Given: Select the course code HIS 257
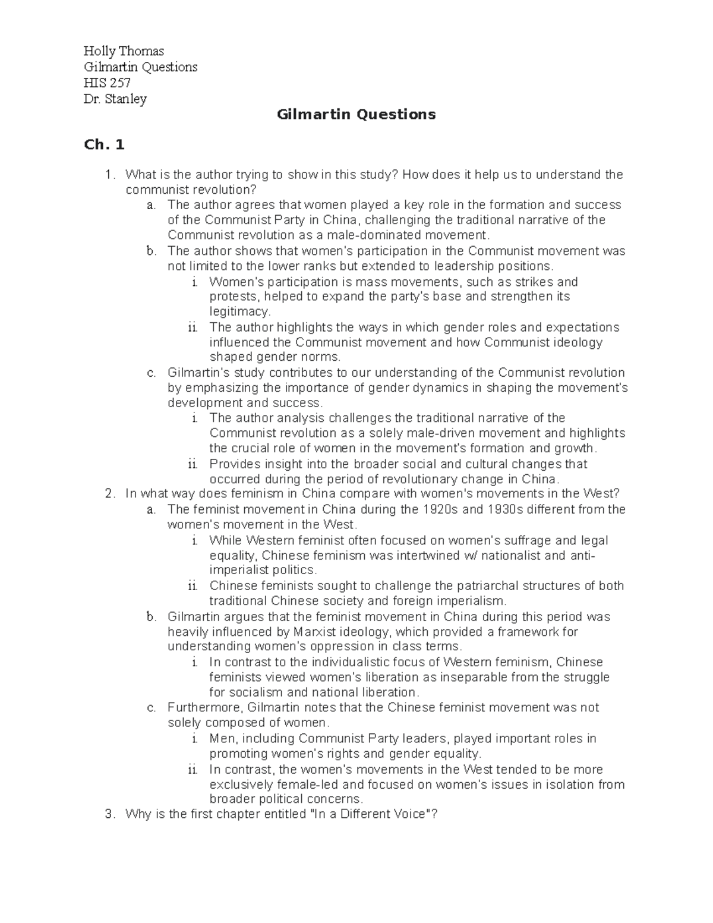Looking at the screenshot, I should (107, 83).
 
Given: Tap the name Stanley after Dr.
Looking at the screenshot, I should (125, 99).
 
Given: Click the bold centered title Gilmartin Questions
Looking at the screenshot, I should (356, 114).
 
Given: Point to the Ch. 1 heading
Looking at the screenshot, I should (104, 144).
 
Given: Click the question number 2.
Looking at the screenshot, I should (108, 493).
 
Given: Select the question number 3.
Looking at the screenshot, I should (108, 814).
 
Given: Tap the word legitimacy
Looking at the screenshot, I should (239, 311).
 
